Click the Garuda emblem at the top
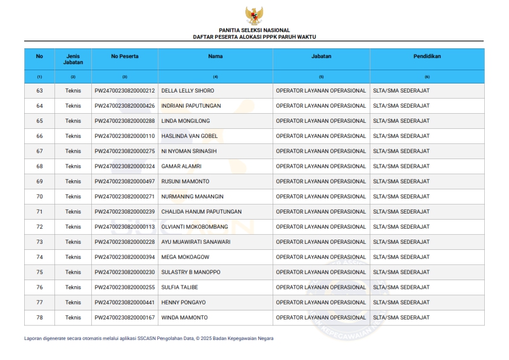tap(254, 16)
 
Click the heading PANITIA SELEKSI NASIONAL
tap(254, 30)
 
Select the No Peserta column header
tap(125, 56)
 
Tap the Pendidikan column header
tap(427, 56)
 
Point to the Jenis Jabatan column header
tap(73, 59)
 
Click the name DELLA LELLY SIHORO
tap(187, 91)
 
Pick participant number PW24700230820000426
tap(125, 106)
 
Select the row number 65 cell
tap(40, 121)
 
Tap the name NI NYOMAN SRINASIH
tap(189, 151)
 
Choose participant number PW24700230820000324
tap(125, 166)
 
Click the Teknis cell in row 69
tap(73, 182)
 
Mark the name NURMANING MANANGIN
tap(192, 197)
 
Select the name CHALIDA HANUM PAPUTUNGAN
tap(201, 212)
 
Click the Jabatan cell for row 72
tap(321, 227)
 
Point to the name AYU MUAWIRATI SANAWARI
tap(196, 242)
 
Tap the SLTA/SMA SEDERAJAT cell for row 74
tap(401, 257)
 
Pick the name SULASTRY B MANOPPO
tap(191, 272)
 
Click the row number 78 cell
tap(40, 318)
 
